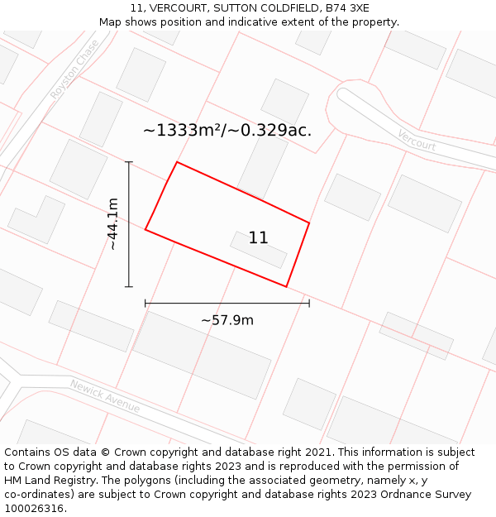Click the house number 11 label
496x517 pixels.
pyautogui.click(x=258, y=238)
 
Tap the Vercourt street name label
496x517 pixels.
pyautogui.click(x=416, y=140)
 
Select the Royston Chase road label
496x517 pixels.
pyautogui.click(x=74, y=69)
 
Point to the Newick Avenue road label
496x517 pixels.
pyautogui.click(x=104, y=397)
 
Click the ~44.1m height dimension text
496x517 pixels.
pyautogui.click(x=112, y=223)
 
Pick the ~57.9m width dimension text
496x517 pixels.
pyautogui.click(x=227, y=320)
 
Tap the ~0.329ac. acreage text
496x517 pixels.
pyautogui.click(x=276, y=130)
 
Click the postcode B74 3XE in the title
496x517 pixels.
pyautogui.click(x=347, y=8)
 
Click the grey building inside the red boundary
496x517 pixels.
pyautogui.click(x=258, y=250)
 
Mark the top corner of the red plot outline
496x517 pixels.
pyautogui.click(x=177, y=162)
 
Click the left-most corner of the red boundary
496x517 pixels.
pyautogui.click(x=145, y=229)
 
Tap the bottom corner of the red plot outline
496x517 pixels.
pyautogui.click(x=286, y=287)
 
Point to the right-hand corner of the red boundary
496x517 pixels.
pyautogui.click(x=309, y=223)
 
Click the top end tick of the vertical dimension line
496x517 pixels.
pyautogui.click(x=128, y=162)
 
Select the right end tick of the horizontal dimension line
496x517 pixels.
pyautogui.click(x=309, y=304)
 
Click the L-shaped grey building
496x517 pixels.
pyautogui.click(x=37, y=219)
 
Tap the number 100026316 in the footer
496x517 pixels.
pyautogui.click(x=34, y=509)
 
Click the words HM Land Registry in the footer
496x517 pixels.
pyautogui.click(x=46, y=481)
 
